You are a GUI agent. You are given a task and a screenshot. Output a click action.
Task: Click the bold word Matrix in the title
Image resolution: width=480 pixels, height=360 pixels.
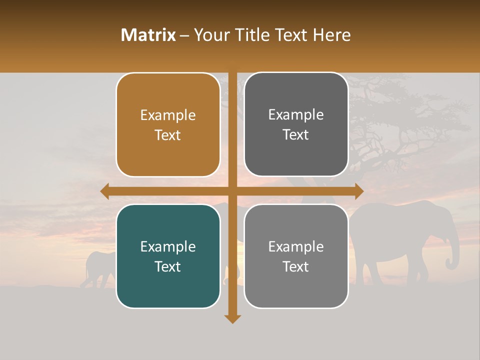point(148,35)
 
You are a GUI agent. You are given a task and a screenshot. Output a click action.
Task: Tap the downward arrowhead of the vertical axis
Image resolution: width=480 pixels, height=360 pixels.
point(232,318)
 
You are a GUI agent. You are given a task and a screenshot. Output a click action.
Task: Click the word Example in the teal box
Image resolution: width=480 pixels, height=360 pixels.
point(168,246)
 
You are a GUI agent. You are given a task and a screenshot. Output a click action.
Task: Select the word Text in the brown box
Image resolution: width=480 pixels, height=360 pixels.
point(168,135)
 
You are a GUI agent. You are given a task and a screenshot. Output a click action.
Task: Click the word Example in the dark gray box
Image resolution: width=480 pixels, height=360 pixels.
point(296,114)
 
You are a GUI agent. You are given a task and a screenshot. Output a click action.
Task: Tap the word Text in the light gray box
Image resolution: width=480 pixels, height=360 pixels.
point(296,267)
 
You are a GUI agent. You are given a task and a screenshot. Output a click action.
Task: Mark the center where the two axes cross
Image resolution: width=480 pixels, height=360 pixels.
point(232,191)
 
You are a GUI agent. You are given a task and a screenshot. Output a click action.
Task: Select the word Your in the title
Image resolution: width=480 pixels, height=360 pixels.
point(210,35)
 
